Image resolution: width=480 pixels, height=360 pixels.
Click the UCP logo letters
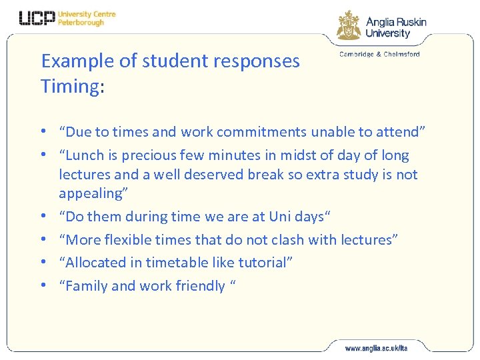37,19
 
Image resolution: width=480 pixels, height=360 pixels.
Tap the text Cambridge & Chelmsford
379,55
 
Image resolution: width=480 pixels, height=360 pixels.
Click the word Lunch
85,155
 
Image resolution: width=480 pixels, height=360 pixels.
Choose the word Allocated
95,263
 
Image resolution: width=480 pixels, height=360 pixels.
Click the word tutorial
263,263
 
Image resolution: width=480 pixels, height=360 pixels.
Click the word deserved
203,175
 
